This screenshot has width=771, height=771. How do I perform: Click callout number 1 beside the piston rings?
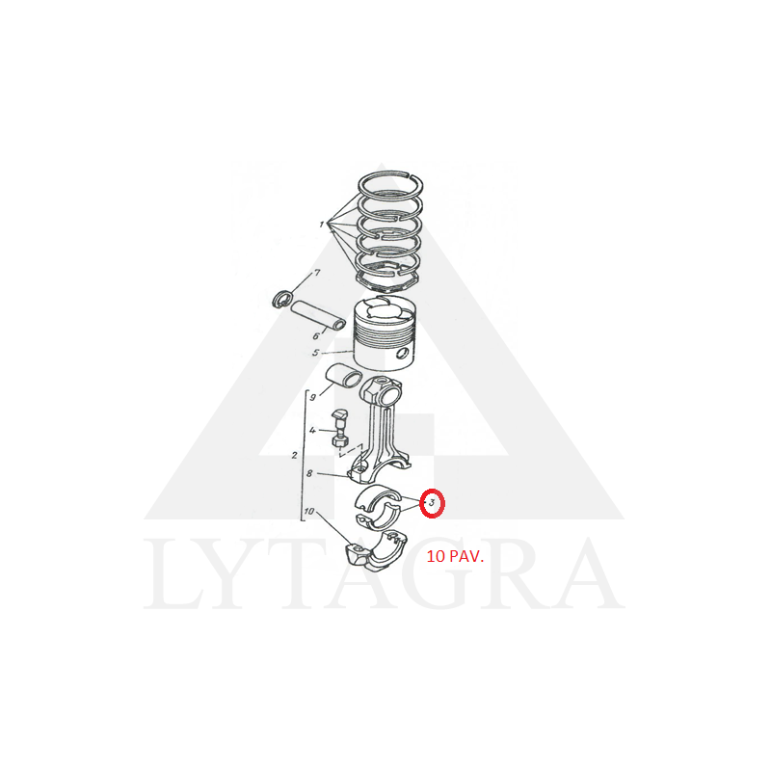click(x=322, y=225)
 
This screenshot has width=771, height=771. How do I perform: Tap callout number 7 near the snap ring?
click(x=317, y=272)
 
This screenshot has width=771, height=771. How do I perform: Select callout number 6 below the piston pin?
click(x=316, y=336)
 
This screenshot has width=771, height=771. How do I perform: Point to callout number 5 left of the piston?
click(x=316, y=353)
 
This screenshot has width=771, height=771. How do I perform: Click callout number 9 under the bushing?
click(x=312, y=397)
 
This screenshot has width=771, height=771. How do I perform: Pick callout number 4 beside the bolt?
click(x=312, y=431)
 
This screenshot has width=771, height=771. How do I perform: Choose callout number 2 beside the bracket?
click(x=294, y=455)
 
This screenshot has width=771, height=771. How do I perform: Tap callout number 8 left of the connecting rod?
click(x=309, y=473)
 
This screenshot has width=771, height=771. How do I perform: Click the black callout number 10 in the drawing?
click(x=309, y=512)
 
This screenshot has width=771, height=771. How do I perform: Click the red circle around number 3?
click(x=432, y=503)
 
